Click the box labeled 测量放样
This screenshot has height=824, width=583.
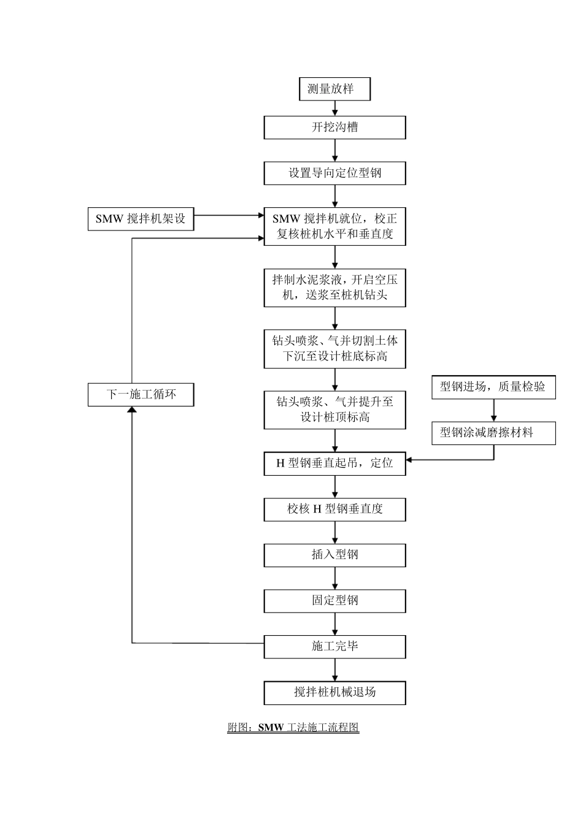point(334,89)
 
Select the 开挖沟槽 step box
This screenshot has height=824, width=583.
point(334,128)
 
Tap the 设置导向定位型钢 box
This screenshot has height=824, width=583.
point(334,173)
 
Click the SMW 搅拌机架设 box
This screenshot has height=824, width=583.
point(141,219)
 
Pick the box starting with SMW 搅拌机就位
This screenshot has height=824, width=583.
point(334,226)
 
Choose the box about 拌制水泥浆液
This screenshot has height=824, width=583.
point(334,288)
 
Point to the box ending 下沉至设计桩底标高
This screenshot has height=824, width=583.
point(334,349)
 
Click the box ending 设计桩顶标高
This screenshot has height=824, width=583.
point(334,410)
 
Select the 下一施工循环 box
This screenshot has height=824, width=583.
point(141,394)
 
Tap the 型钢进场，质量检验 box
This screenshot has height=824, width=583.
point(493,387)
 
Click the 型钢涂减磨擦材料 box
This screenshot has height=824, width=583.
point(493,433)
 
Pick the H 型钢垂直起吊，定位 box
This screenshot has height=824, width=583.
point(334,464)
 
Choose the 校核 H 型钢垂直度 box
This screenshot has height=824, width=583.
point(334,509)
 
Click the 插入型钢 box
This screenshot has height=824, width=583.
point(334,555)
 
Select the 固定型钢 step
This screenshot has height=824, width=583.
point(334,601)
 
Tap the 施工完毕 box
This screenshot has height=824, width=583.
point(334,646)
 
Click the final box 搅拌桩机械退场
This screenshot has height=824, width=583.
point(334,692)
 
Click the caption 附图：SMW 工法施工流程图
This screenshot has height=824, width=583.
point(293,728)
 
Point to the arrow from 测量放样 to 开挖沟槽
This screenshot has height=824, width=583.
point(335,109)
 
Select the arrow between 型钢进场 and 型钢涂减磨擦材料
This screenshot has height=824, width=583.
point(493,410)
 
